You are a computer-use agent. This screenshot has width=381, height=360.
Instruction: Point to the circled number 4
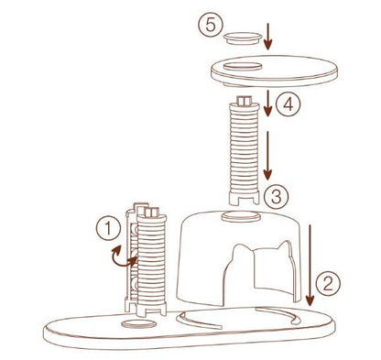coord(287,105)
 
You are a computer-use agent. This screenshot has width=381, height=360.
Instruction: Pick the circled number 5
coord(211,27)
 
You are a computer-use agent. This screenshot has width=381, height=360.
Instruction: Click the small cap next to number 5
coord(243,38)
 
